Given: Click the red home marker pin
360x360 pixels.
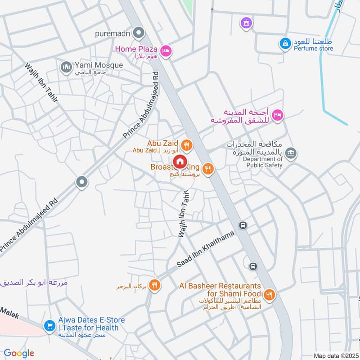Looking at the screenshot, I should (x=180, y=161).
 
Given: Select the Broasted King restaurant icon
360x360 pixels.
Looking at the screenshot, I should (x=207, y=168).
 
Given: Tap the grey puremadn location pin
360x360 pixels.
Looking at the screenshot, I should (x=139, y=33).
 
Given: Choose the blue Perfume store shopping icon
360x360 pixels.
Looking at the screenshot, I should (x=284, y=43).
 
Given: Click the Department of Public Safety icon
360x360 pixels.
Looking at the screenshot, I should (x=291, y=153).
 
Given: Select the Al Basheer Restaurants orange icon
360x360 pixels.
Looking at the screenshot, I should (x=269, y=295).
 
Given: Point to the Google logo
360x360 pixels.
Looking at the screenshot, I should (x=19, y=353).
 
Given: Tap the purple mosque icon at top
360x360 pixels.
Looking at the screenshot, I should (x=246, y=22).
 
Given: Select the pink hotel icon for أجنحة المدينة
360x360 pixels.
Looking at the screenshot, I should (x=278, y=115).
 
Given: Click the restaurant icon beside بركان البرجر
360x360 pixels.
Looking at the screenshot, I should (x=154, y=285).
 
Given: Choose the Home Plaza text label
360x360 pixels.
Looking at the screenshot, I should (x=136, y=49).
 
